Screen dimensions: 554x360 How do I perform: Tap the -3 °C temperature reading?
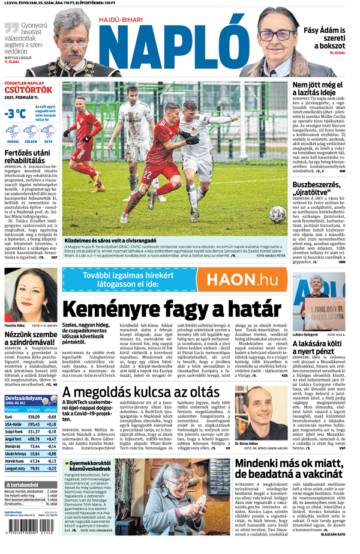[x=15, y=113]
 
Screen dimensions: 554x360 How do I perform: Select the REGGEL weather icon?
[x=13, y=133]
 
